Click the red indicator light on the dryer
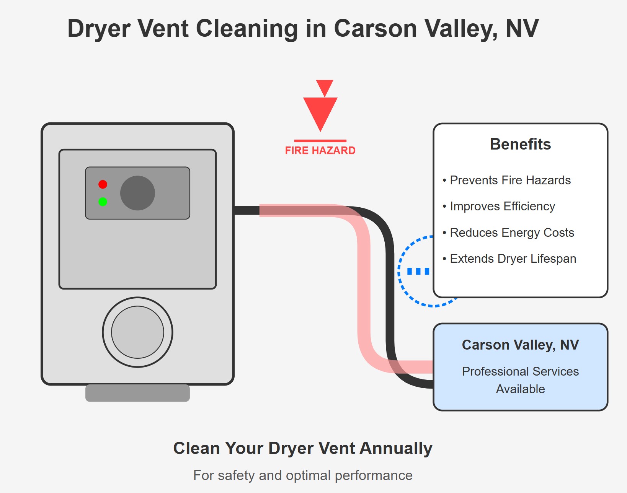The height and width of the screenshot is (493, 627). pyautogui.click(x=103, y=184)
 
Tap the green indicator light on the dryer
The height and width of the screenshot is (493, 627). pyautogui.click(x=103, y=202)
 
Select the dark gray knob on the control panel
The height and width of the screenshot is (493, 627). pyautogui.click(x=137, y=193)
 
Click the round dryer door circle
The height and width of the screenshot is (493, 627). pyautogui.click(x=137, y=332)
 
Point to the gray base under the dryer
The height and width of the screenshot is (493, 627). pyautogui.click(x=137, y=393)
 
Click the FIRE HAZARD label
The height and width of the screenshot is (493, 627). pyautogui.click(x=320, y=151)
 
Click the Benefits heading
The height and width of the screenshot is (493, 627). pyautogui.click(x=520, y=144)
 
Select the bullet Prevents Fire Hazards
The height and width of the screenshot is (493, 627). pyautogui.click(x=506, y=180)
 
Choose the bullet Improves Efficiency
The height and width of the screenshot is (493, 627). pyautogui.click(x=498, y=206)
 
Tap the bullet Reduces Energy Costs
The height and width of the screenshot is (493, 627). pyautogui.click(x=508, y=233)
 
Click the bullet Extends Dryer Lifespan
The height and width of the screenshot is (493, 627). pyautogui.click(x=509, y=259)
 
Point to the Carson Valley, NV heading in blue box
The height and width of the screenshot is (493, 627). pyautogui.click(x=520, y=345)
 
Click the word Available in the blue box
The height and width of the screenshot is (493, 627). pyautogui.click(x=520, y=389)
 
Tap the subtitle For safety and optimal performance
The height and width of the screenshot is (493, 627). pyautogui.click(x=303, y=475)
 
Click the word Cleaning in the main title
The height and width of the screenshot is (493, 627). pyautogui.click(x=247, y=29)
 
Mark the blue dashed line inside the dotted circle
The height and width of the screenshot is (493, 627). pyautogui.click(x=418, y=272)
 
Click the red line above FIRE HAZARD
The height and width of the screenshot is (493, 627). pyautogui.click(x=320, y=141)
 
